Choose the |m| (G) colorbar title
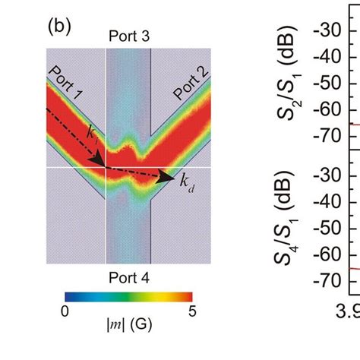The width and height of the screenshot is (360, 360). click(x=128, y=332)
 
